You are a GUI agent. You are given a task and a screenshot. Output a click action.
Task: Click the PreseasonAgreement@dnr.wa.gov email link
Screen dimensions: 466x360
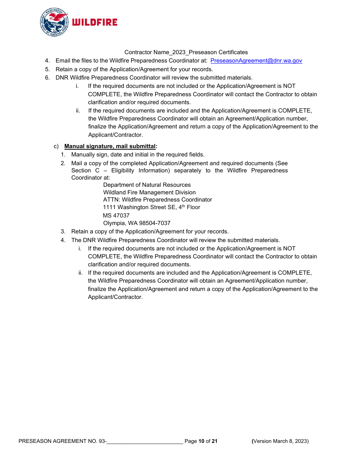click(x=256, y=61)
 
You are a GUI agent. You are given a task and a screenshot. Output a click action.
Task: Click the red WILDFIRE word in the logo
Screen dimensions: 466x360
click(x=95, y=22)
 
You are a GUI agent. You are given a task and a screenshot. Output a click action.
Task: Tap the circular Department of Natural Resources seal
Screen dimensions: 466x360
click(x=54, y=22)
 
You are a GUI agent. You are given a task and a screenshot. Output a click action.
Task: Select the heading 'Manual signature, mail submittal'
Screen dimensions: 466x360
click(x=110, y=146)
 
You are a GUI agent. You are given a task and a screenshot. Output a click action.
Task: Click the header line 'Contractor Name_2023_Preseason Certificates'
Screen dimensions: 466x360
click(x=186, y=52)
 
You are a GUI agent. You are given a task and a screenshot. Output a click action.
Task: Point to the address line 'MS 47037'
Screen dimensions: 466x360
click(x=116, y=216)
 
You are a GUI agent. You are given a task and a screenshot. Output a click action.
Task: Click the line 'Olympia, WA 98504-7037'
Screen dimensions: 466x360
click(x=137, y=223)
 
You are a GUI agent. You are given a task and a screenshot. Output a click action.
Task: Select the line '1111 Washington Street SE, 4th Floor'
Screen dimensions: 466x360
click(x=152, y=207)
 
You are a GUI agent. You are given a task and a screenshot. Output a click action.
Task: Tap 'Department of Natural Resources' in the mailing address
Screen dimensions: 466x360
click(x=147, y=185)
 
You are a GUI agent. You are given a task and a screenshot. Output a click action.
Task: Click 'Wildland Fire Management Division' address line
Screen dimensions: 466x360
click(x=149, y=192)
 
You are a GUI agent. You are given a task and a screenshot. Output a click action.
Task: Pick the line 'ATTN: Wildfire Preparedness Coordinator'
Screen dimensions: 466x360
click(x=158, y=200)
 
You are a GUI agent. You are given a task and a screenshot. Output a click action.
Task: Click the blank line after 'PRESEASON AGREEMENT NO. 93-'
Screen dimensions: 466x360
click(x=145, y=441)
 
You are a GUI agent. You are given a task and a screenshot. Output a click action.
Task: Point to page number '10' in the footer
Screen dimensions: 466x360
click(x=201, y=441)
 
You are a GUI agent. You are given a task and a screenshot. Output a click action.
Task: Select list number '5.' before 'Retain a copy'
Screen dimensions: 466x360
click(x=47, y=69)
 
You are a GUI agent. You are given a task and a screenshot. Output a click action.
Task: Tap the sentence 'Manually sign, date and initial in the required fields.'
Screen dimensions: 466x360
click(x=138, y=155)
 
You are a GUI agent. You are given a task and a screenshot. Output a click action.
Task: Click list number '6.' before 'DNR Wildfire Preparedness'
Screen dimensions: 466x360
click(x=47, y=78)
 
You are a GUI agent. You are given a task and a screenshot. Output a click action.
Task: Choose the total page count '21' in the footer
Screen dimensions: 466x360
click(x=214, y=441)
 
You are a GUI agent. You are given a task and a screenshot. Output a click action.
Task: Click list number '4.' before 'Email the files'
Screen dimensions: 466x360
click(x=47, y=61)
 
